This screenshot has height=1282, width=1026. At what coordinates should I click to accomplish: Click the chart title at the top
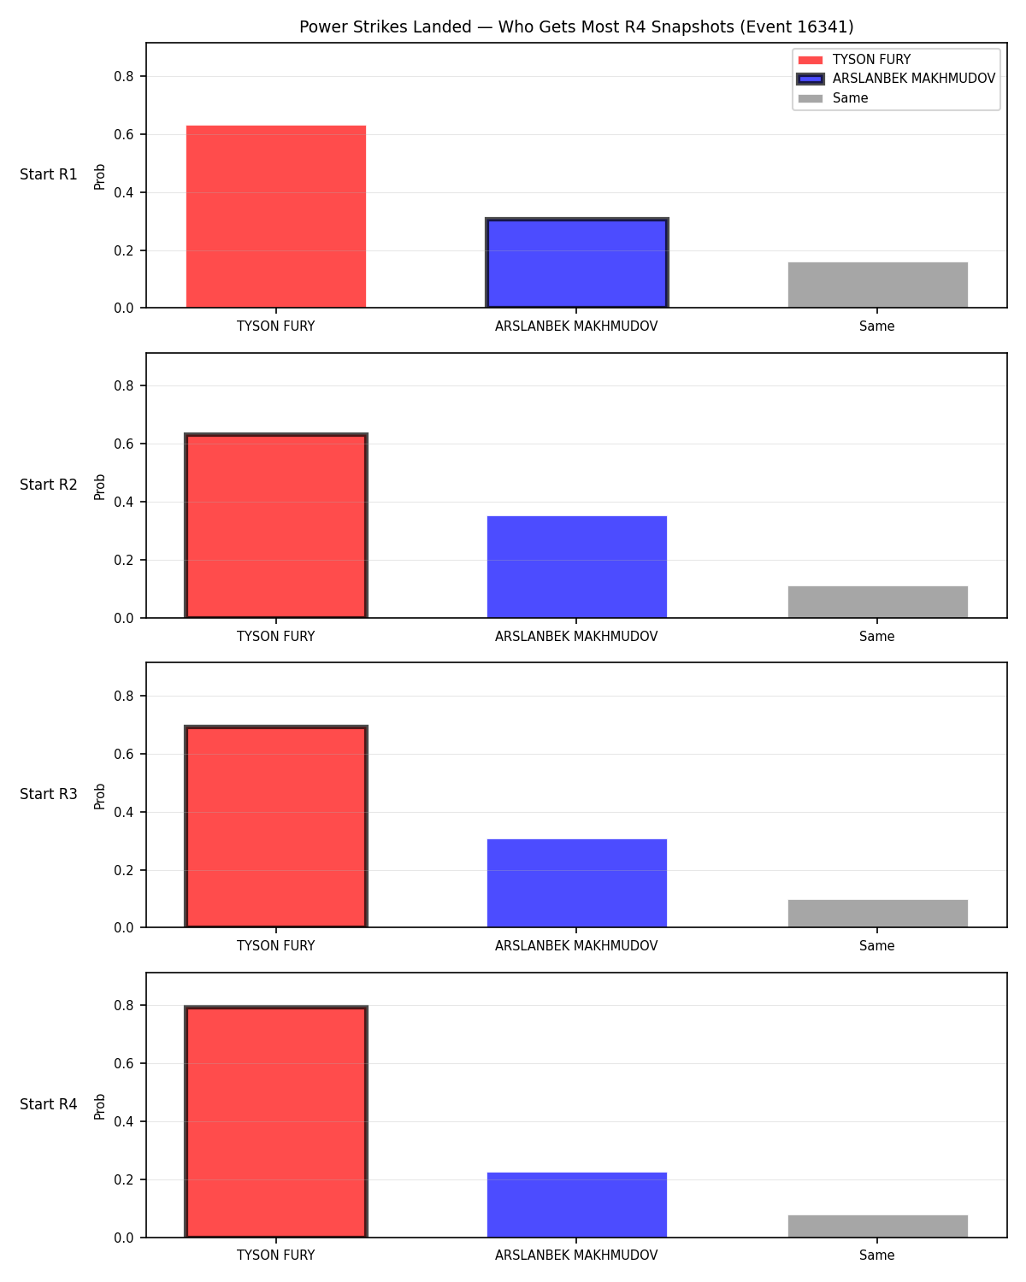click(576, 26)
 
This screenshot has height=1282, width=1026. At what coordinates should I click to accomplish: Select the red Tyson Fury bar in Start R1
click(276, 216)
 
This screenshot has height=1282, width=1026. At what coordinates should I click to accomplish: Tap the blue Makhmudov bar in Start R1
click(576, 263)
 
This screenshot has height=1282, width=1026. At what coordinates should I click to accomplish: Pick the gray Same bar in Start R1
click(877, 285)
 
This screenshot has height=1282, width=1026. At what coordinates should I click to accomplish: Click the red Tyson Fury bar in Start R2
click(276, 526)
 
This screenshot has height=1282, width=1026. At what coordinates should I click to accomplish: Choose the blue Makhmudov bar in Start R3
click(576, 883)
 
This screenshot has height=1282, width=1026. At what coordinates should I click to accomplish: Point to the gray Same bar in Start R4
click(877, 1226)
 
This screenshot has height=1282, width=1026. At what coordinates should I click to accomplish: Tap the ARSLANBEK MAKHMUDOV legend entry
click(896, 79)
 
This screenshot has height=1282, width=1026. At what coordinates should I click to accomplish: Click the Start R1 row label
click(48, 174)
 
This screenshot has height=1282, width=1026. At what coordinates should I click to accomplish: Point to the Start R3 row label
click(48, 794)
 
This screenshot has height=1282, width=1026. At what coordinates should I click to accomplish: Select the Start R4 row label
click(48, 1104)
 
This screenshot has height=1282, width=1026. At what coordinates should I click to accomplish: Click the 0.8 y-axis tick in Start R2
click(123, 386)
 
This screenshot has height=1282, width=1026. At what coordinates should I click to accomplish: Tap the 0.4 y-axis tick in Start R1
click(123, 192)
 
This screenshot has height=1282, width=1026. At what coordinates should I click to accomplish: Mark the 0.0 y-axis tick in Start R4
click(123, 1238)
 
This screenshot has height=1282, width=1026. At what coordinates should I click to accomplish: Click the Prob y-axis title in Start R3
click(99, 797)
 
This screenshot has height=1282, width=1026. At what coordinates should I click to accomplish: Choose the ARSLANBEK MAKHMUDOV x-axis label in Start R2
click(576, 636)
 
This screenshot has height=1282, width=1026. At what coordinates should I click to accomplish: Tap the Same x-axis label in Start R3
click(876, 946)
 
